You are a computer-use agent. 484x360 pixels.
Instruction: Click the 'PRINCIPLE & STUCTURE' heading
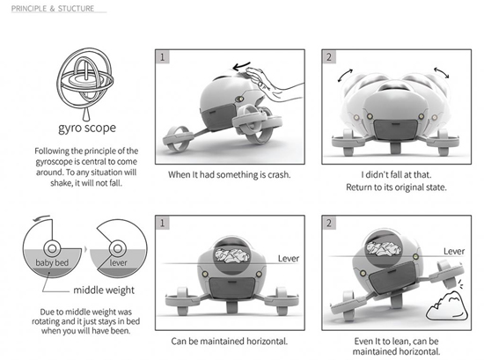click(53, 9)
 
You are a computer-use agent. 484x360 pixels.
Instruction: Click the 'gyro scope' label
click(87, 128)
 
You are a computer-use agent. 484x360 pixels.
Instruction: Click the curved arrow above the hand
click(241, 66)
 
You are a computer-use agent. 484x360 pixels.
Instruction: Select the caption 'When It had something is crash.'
click(230, 175)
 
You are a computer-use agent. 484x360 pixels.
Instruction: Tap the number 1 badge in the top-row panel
click(163, 57)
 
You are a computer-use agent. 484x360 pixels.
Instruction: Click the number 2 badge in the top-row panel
click(329, 57)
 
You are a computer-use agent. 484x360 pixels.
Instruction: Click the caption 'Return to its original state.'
click(396, 187)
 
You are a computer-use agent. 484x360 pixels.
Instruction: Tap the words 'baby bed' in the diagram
click(52, 263)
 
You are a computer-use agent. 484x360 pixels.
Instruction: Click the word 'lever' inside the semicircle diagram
click(118, 263)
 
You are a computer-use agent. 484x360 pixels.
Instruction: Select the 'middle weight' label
click(104, 290)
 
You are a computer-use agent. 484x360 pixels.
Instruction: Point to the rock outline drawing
click(447, 305)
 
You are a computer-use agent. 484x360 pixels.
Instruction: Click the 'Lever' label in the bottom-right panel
click(454, 252)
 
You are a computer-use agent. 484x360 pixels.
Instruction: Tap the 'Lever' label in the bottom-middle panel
click(289, 259)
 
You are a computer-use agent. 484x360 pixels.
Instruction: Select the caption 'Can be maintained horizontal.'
click(230, 342)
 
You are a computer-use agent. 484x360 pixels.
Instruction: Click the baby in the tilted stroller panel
click(383, 248)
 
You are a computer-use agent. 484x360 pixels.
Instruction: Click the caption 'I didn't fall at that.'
click(396, 175)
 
